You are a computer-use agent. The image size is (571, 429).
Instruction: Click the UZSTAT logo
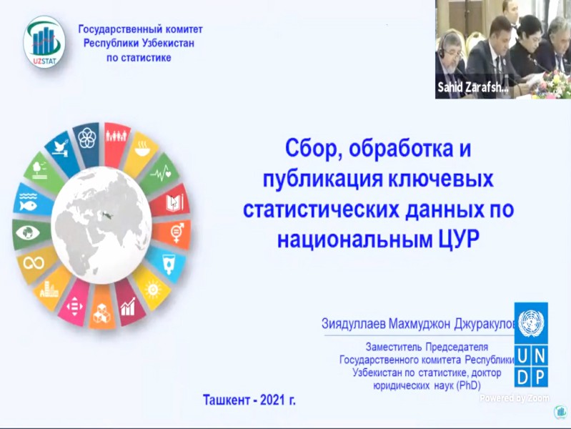pos(44,42)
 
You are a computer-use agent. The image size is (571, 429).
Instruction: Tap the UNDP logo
pos(530,345)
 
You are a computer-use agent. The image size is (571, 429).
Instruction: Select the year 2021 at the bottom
pos(272,400)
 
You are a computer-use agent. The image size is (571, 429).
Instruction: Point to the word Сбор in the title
pos(314,148)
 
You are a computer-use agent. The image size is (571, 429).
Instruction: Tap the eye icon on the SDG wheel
pos(28,232)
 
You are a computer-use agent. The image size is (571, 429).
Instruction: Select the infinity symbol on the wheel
pos(34,262)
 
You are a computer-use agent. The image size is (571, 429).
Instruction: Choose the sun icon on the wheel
pos(153,290)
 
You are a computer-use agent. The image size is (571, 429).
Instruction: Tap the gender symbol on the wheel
pos(177,232)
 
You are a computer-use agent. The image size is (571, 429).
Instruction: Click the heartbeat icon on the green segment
pos(160,172)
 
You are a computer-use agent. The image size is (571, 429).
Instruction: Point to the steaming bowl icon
pos(142,148)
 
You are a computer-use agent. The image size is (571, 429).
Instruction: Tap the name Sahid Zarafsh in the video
pos(472,88)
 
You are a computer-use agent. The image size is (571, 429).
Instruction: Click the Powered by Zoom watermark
pos(515,398)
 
